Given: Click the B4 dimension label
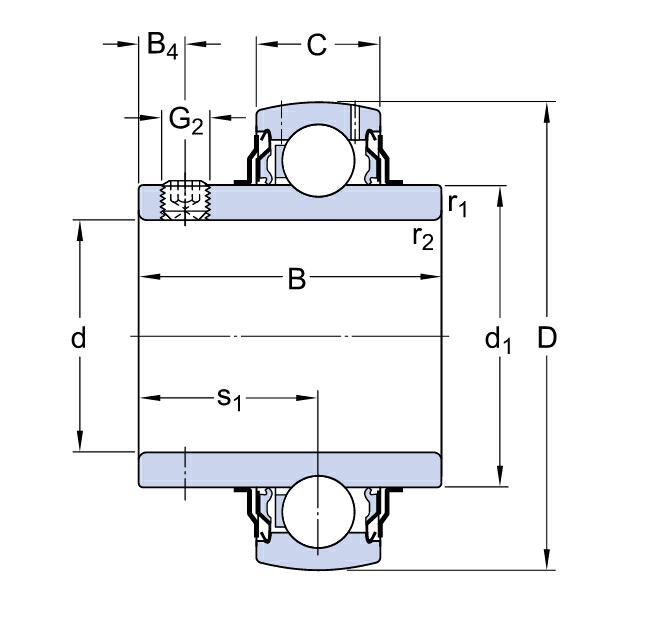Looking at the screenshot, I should [162, 46].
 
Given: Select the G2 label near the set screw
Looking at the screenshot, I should [185, 120].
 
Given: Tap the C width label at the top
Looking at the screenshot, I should [316, 45].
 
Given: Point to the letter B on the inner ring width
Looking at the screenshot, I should [296, 278].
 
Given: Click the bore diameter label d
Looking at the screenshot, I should [79, 338].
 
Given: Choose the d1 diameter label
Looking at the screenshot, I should [498, 340].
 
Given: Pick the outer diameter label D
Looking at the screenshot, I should [547, 338].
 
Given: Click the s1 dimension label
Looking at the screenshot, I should [230, 398].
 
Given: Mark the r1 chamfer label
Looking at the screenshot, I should [458, 205].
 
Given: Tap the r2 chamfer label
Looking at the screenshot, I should [422, 237].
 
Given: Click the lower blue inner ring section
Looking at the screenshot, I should [290, 470].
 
